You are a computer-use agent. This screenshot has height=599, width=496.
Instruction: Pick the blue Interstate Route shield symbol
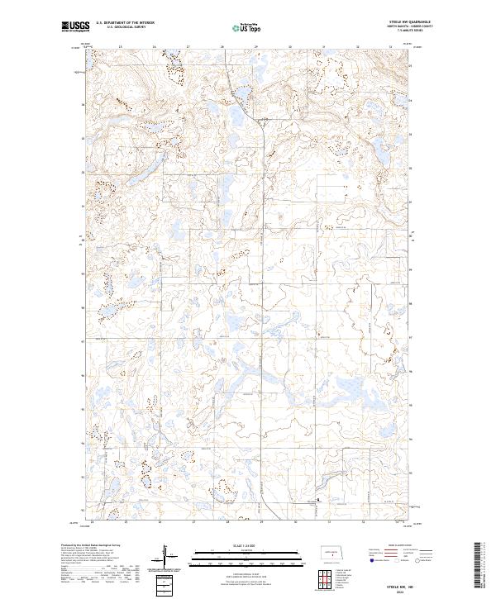point(371,561)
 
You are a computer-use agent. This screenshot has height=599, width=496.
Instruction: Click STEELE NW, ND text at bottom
point(400,587)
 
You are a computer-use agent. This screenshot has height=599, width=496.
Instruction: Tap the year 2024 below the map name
point(400,592)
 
